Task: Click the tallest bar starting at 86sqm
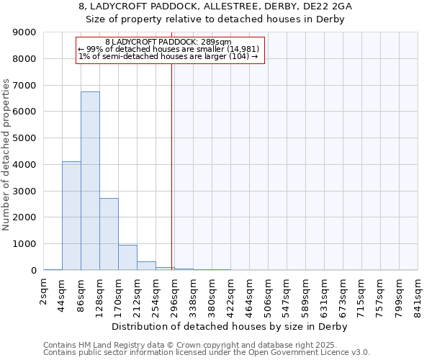point(90,181)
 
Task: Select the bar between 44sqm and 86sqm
point(71,216)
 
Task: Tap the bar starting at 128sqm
point(109,234)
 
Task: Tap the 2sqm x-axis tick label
point(44,294)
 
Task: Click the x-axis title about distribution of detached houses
point(230,327)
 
